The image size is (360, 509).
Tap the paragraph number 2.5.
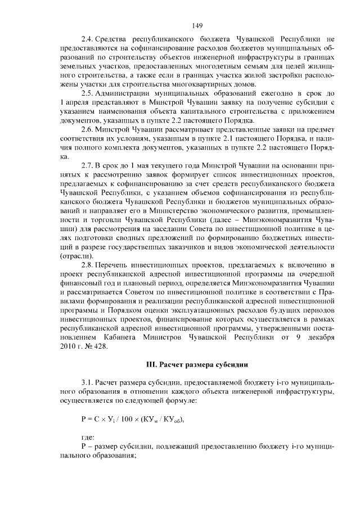(88, 92)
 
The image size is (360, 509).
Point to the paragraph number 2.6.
(88, 129)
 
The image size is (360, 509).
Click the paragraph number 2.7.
(88, 166)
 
